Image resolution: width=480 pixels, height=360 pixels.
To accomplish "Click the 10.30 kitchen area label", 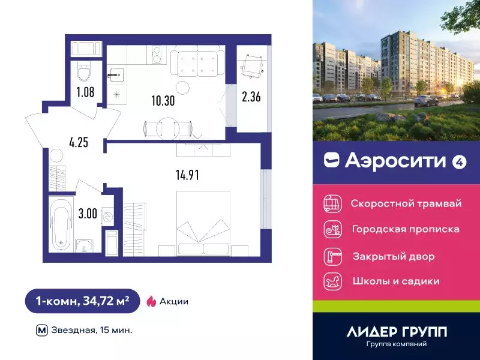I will pyautogui.click(x=163, y=101).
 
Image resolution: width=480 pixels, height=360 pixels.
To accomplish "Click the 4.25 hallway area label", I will pyautogui.click(x=78, y=143).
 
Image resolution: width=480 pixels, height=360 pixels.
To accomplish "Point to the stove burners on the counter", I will pyautogui.click(x=157, y=55).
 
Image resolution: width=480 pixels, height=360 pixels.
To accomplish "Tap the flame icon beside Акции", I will pyautogui.click(x=152, y=301).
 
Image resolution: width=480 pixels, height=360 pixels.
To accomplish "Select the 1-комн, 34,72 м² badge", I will pyautogui.click(x=82, y=301).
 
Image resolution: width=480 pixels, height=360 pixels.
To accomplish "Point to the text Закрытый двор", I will pyautogui.click(x=394, y=256).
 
